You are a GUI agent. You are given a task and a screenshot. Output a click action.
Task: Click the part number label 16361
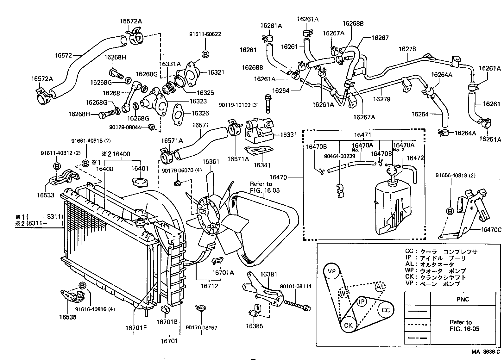pos(211,162)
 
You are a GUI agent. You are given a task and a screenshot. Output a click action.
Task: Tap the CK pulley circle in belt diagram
pos(348,326)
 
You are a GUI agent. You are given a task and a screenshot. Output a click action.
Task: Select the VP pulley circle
pos(331,271)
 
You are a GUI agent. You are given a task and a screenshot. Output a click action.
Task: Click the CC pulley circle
pos(386,310)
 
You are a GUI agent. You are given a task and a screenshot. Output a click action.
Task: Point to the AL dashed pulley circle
pos(380,287)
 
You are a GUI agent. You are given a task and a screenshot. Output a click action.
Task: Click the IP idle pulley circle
pos(361,301)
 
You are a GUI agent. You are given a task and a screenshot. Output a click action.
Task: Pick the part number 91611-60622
pos(205,34)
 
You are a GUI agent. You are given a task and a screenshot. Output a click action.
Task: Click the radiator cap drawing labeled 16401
pos(139,183)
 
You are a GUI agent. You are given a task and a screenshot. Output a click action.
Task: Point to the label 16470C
pos(491,230)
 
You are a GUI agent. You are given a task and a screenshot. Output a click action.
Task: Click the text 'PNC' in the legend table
pos(463,299)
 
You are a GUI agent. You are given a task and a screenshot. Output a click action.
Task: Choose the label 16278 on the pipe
pos(407,49)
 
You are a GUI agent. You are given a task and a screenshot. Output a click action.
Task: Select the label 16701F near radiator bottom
pos(136,328)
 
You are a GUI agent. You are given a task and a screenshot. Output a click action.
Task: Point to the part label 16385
pos(255,326)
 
